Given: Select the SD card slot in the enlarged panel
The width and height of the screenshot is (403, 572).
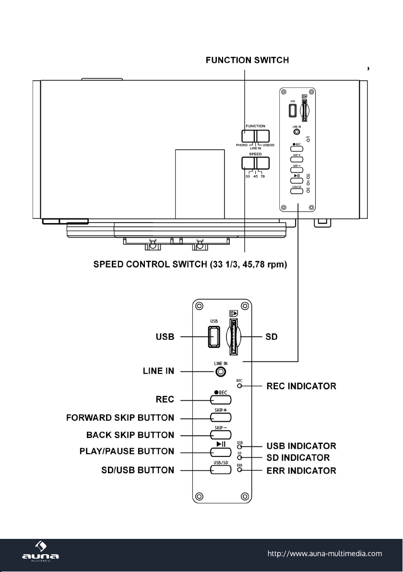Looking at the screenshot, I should [234, 337].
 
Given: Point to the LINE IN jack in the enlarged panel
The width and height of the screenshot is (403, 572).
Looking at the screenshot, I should [220, 371].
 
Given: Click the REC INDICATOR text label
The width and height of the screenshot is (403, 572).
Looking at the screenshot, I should [301, 386].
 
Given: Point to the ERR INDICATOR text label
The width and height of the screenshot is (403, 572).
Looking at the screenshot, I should [301, 470].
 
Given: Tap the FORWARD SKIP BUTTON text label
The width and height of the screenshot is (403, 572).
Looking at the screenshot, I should [120, 417].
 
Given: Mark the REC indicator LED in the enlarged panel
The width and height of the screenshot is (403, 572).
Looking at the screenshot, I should [239, 385].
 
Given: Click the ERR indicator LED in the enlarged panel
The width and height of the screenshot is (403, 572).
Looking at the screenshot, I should [239, 470].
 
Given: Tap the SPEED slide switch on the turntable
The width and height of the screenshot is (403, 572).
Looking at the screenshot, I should [255, 164].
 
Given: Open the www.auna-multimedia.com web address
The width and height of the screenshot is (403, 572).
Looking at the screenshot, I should [324, 553].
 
